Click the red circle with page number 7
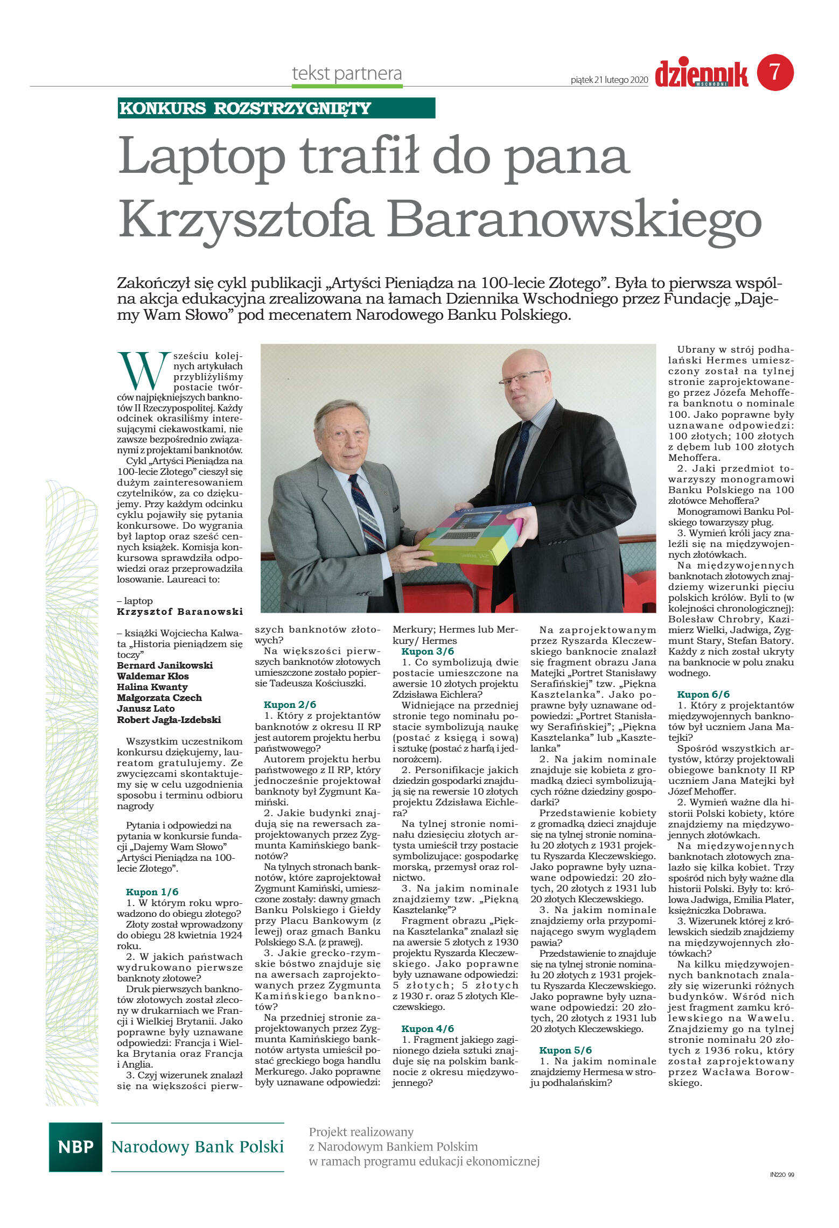[775, 72]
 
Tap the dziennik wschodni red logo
[701, 74]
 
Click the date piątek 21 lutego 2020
[609, 80]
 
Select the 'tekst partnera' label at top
[347, 73]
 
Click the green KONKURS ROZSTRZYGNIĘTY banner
[276, 108]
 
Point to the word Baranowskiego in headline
[574, 220]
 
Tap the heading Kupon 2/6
[290, 705]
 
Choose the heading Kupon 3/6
[428, 651]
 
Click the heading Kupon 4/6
[428, 1028]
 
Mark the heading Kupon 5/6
[565, 1050]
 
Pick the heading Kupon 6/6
[703, 694]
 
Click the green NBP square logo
[75, 1147]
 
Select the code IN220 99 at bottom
[781, 1190]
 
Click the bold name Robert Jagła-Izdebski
[169, 720]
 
